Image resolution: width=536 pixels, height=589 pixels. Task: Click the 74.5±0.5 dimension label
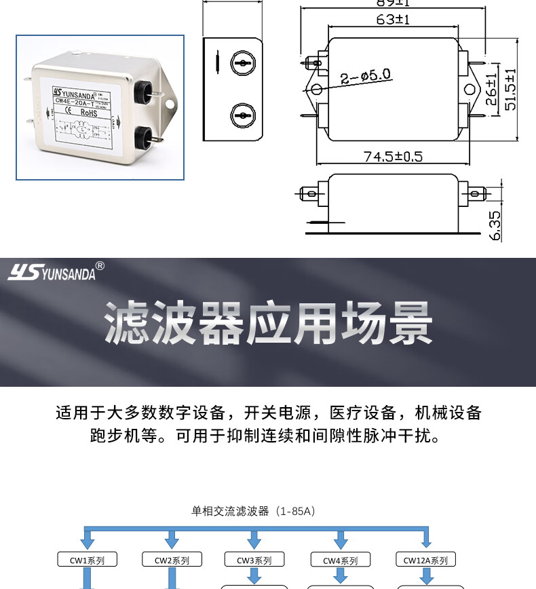pyautogui.click(x=393, y=157)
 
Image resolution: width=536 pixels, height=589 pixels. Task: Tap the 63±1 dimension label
pyautogui.click(x=393, y=20)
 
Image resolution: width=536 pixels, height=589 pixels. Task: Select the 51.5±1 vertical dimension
pyautogui.click(x=510, y=89)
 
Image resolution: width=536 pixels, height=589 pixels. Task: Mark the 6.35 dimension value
pyautogui.click(x=494, y=225)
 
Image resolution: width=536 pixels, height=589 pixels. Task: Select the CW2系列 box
pyautogui.click(x=172, y=560)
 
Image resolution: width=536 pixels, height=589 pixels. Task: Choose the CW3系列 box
pyautogui.click(x=254, y=560)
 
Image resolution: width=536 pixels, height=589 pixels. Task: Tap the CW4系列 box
pyautogui.click(x=340, y=560)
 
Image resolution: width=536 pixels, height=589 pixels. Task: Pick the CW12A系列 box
pyautogui.click(x=425, y=560)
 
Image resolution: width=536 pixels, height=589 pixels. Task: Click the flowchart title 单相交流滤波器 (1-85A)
pyautogui.click(x=254, y=510)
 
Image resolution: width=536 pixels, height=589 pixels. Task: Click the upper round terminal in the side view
pyautogui.click(x=241, y=64)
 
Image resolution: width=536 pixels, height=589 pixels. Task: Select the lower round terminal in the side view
pyautogui.click(x=241, y=115)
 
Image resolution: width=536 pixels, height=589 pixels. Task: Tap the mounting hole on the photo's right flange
pyautogui.click(x=170, y=104)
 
